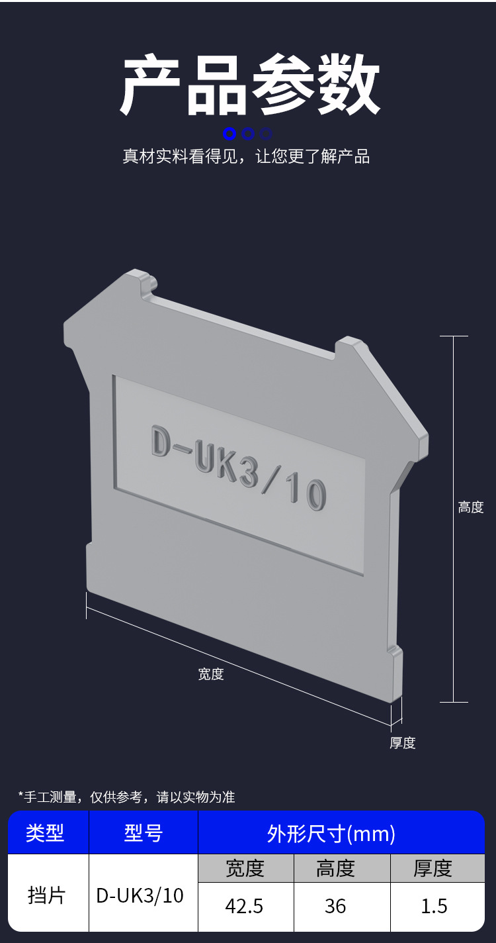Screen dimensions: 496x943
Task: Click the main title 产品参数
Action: point(250,84)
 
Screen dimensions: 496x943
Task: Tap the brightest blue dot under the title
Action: point(229,134)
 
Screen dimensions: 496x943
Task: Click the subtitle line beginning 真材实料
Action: point(246,156)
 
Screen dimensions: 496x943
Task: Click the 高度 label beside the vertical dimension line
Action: point(471,507)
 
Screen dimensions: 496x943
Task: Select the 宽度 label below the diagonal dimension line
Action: point(210,674)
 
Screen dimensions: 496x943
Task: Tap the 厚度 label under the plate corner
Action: point(402,743)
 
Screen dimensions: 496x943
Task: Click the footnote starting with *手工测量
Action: point(126,797)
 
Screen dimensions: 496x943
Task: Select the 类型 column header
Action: point(45,833)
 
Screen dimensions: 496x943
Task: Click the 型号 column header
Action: point(144,833)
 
